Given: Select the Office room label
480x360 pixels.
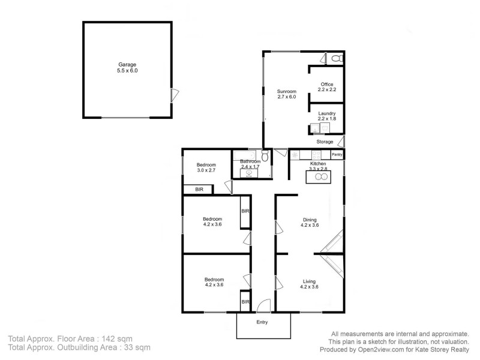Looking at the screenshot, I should (x=326, y=84).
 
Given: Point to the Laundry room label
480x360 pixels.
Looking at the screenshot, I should (x=326, y=113).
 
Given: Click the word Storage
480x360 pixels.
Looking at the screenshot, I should (x=325, y=142).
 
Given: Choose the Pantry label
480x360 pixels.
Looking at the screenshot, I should (x=337, y=155).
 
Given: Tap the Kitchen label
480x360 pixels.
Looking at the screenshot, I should (x=317, y=164).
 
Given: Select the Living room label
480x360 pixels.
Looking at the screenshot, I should (x=309, y=281).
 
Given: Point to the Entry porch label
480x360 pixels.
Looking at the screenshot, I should (x=262, y=323).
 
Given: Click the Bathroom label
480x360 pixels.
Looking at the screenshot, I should (x=250, y=161).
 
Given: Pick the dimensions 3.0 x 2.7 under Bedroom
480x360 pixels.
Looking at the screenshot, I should (x=209, y=171).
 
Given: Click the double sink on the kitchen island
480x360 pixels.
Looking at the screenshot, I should (x=317, y=176).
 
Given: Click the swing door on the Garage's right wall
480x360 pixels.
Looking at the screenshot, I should (x=175, y=94).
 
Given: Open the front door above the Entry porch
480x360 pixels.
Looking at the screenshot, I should (x=263, y=307).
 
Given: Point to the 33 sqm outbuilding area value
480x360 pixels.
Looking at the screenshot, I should (x=137, y=347).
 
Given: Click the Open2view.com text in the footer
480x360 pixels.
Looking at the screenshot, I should (x=395, y=349).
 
